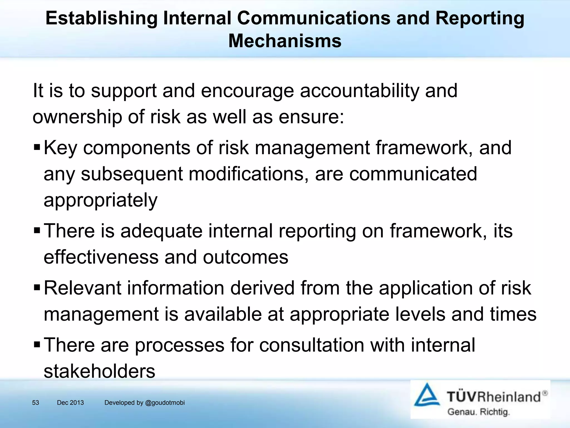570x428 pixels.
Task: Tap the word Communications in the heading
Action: point(314,18)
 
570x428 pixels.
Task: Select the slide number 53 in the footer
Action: point(36,403)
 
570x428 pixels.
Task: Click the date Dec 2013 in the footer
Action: point(70,403)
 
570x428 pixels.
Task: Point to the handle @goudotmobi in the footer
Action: point(165,403)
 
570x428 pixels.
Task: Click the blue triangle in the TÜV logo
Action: point(427,396)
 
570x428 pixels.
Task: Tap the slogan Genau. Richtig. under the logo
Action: point(478,412)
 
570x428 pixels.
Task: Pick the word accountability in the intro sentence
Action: point(359,91)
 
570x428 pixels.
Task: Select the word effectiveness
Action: point(101,257)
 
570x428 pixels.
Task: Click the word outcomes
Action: point(245,257)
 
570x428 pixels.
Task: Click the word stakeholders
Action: point(99,371)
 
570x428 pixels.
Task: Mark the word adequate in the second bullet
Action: point(161,231)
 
